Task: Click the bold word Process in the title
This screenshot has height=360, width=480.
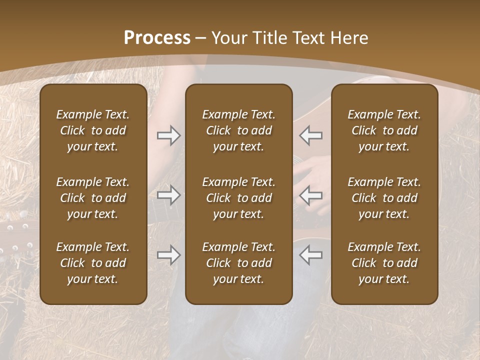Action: tap(157, 38)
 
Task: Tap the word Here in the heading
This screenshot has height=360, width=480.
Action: tap(349, 38)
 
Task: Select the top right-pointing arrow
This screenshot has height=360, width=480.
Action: tap(168, 135)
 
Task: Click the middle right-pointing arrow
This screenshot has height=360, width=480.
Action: tap(168, 195)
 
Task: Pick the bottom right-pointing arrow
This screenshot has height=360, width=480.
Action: tap(168, 255)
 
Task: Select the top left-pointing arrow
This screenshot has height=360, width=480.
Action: tap(311, 135)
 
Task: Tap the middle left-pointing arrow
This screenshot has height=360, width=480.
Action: tap(311, 195)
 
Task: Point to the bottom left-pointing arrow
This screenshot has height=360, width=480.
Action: tap(311, 255)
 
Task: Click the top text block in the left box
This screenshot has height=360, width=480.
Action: tap(93, 130)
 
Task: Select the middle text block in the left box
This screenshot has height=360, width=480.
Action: tap(93, 198)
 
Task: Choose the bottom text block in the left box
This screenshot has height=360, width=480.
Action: tap(93, 263)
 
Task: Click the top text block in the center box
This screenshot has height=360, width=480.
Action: tap(239, 130)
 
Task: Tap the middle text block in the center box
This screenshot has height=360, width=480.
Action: tap(239, 198)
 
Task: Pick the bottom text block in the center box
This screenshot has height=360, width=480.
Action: tap(239, 263)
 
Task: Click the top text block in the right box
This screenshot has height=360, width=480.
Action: tap(384, 130)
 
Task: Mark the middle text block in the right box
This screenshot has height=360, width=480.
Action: tap(384, 198)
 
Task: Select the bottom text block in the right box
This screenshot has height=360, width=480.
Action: tap(384, 263)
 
